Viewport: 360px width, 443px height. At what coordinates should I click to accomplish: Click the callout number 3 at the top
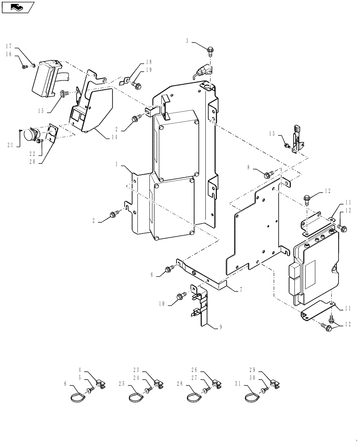[188, 41]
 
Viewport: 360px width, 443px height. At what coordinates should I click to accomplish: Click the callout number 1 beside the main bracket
[117, 164]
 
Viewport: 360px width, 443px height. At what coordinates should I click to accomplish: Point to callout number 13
[272, 134]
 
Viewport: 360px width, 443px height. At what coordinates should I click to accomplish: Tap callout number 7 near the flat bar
[240, 289]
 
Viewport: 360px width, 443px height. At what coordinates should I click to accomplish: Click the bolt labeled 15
[63, 93]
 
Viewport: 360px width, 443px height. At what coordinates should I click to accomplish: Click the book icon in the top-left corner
[17, 7]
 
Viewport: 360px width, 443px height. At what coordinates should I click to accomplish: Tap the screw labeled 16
[24, 67]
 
